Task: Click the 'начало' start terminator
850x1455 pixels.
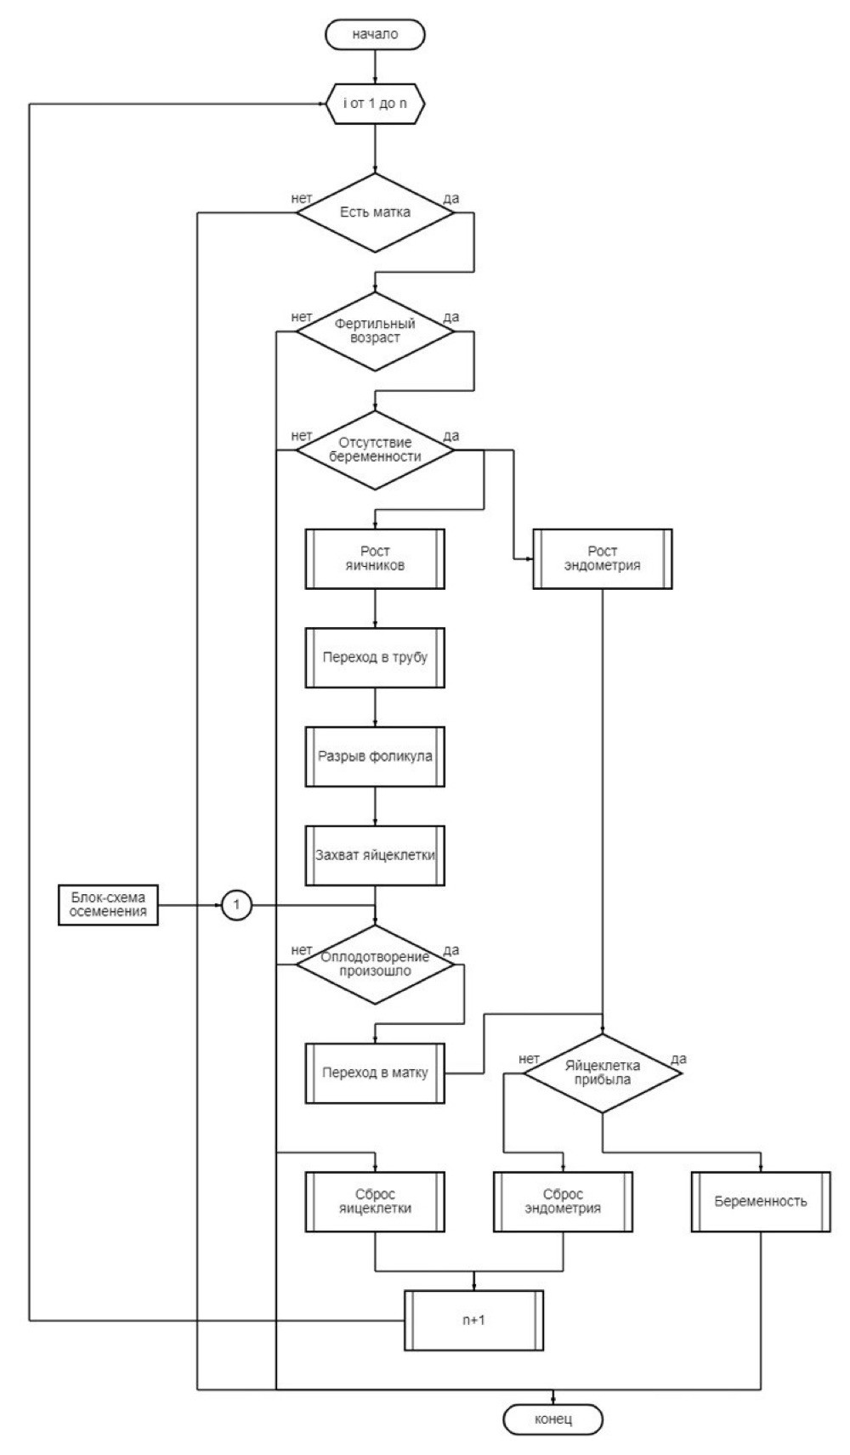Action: tap(376, 34)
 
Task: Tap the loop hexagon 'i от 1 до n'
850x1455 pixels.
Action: tap(376, 104)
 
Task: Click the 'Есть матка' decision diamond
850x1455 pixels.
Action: tap(376, 212)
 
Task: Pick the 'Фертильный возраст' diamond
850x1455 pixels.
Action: tap(376, 331)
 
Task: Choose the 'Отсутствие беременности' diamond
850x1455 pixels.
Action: tap(376, 450)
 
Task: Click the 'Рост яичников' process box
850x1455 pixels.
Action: tap(376, 558)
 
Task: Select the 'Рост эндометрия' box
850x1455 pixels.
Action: tap(603, 558)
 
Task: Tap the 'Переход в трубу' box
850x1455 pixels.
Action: tap(376, 657)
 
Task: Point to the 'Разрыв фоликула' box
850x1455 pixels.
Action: tap(376, 756)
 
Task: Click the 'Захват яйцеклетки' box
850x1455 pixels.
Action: tap(376, 856)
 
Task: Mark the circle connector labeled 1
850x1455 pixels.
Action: tap(236, 905)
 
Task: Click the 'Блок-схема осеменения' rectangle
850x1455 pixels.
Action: tap(109, 905)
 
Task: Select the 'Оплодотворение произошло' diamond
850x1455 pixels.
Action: tap(376, 965)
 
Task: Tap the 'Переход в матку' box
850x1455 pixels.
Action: tap(376, 1073)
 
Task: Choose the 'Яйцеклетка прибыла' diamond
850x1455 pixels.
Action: tap(603, 1073)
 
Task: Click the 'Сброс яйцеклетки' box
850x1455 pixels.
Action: tap(376, 1202)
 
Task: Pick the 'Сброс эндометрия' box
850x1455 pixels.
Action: tap(563, 1202)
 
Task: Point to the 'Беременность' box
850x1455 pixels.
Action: tap(761, 1202)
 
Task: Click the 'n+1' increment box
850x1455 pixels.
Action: tap(473, 1320)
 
